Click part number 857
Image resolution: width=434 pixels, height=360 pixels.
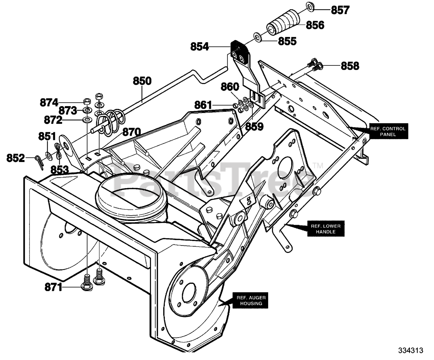point(340,10)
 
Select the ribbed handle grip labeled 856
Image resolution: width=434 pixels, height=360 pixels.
point(283,23)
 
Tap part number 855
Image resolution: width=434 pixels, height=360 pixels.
point(287,41)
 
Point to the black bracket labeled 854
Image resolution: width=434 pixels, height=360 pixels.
point(240,53)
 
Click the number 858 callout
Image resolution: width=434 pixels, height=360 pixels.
point(350,66)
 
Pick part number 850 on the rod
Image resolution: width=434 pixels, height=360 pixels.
point(142,81)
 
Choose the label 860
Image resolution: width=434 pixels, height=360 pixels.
point(230,87)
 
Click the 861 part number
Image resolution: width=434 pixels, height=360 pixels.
point(203,105)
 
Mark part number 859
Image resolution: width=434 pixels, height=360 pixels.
point(254,126)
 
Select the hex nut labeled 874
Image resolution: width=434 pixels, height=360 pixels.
point(87,102)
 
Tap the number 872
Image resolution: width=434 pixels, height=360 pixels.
point(53,120)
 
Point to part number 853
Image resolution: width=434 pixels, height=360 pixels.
point(60,170)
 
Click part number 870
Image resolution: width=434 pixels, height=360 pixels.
point(132,132)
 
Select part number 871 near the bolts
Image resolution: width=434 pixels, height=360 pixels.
point(54,288)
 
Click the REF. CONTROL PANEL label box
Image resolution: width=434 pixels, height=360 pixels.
point(388,132)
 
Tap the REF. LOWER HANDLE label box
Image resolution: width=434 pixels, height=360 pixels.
point(326,228)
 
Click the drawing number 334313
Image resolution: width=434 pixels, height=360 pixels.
point(411,351)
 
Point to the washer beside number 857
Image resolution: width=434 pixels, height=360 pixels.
point(311,7)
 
